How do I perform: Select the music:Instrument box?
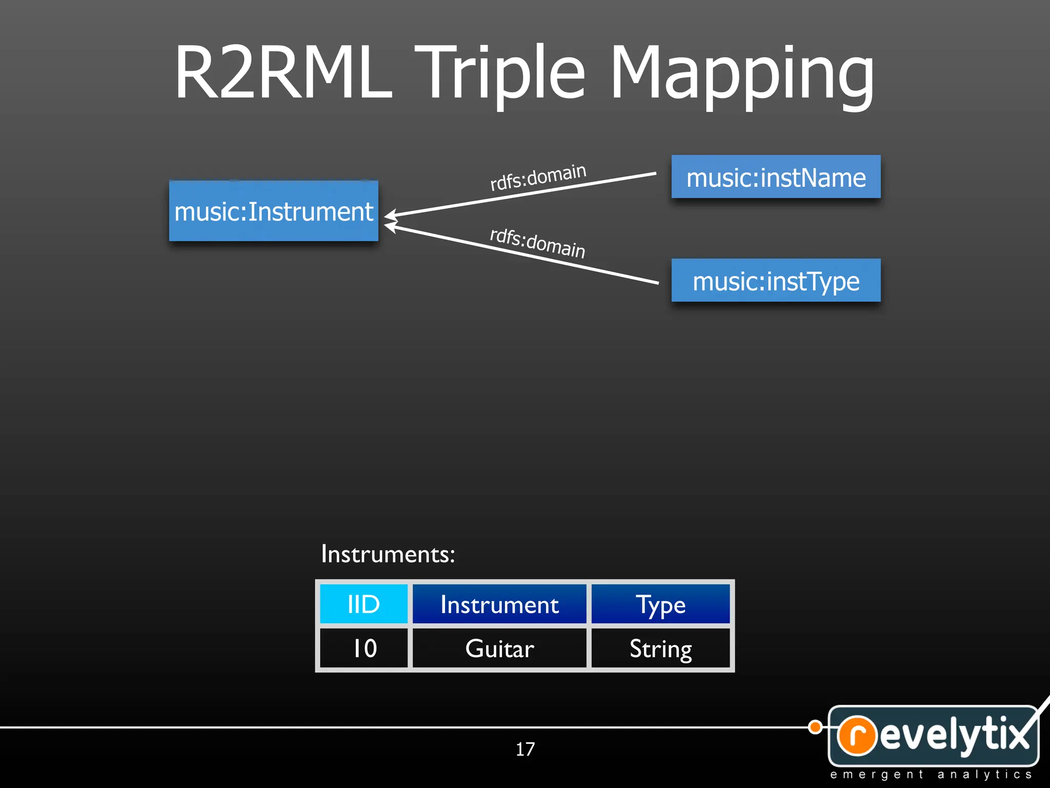coord(274,211)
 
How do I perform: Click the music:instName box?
coord(776,178)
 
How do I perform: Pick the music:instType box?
coord(776,281)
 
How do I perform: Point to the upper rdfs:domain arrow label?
coord(538,177)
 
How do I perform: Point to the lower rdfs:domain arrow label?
coord(537,243)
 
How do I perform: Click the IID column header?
coord(364,604)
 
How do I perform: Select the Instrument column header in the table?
coord(499,604)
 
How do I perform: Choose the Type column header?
coord(660,604)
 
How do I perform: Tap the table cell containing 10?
coord(364,648)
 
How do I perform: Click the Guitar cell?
coord(499,648)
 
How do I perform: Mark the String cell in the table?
coord(660,648)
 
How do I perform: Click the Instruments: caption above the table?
coord(388,554)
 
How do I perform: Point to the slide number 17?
coord(525,749)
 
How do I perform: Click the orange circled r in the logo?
coord(857,735)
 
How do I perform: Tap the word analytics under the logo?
coord(984,774)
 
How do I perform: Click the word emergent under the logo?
coord(877,774)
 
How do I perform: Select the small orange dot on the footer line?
coord(815,727)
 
